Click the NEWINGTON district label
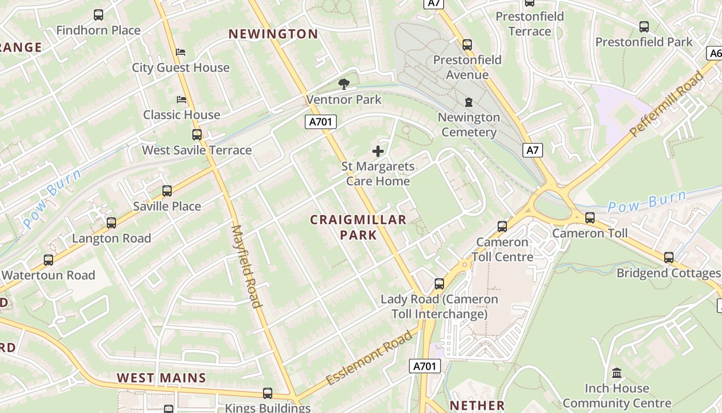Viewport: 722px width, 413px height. point(273,34)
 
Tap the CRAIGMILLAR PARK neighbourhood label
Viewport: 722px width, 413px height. point(358,227)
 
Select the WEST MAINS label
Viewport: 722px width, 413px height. point(161,378)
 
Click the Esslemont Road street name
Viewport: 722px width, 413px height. point(370,357)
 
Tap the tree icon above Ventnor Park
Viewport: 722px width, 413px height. point(343,84)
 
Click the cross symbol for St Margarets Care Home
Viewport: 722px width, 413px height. point(378,151)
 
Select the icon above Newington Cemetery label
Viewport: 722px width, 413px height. point(469,102)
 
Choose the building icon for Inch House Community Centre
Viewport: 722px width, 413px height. point(616,373)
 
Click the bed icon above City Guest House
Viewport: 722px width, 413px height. point(180,52)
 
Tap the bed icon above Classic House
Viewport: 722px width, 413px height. point(182,99)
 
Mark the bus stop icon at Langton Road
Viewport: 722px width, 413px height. point(111,223)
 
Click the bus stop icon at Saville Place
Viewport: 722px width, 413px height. point(167,191)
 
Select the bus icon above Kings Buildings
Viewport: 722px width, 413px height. point(268,393)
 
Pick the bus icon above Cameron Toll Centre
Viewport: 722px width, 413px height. point(502,226)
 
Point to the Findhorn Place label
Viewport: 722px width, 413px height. point(98,30)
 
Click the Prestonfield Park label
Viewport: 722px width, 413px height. point(644,42)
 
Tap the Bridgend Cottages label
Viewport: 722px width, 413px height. point(668,273)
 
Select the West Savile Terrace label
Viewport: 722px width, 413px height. point(197,150)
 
